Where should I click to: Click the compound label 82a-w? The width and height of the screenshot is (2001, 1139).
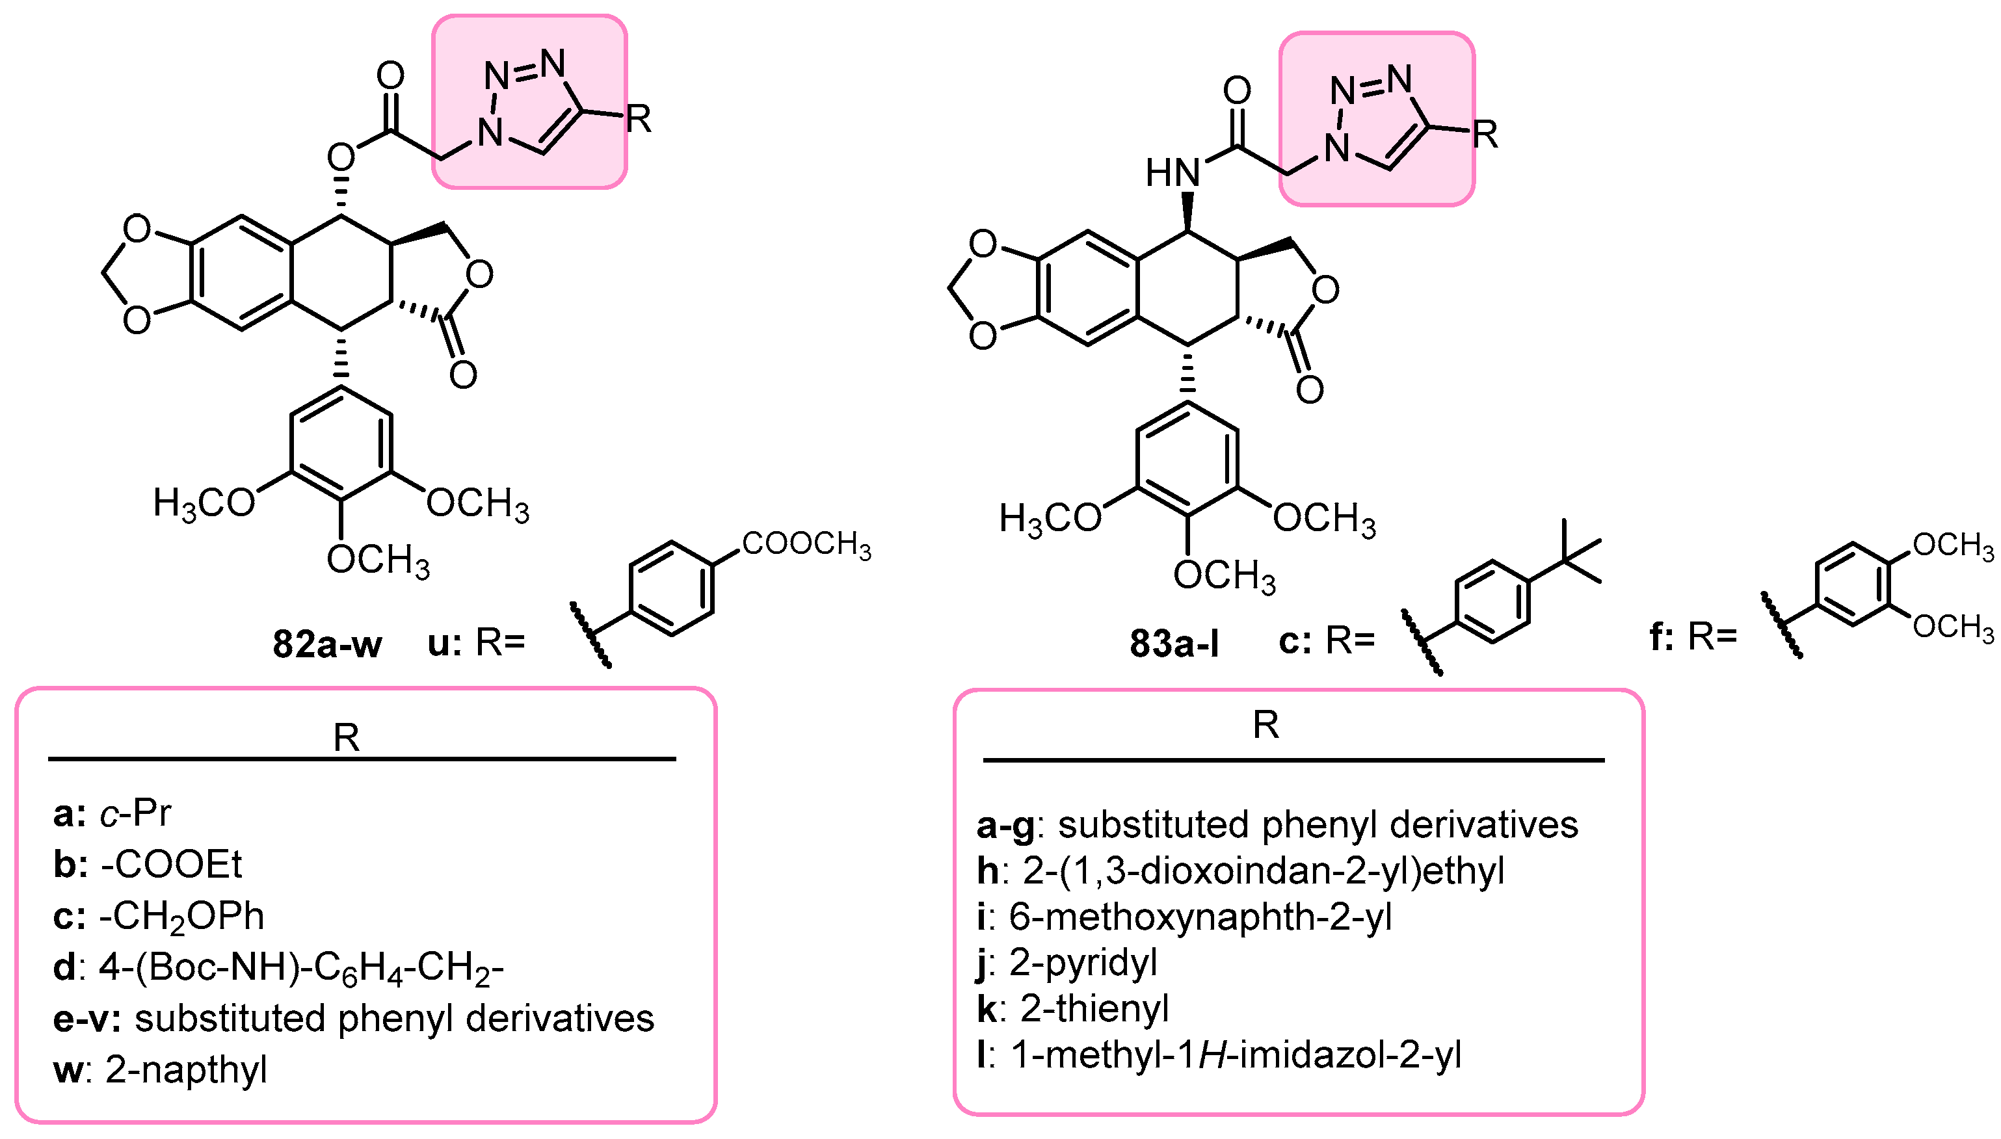327,645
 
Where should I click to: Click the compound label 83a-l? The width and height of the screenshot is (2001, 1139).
1173,644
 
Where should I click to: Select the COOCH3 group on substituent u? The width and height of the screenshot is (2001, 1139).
806,544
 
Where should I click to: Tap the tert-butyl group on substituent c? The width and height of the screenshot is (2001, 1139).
1568,558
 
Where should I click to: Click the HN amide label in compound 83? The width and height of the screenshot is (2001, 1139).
1172,173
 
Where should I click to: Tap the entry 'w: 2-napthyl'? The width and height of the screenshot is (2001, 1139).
161,1069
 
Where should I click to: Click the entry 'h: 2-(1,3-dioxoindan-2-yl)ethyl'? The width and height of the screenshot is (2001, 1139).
1241,870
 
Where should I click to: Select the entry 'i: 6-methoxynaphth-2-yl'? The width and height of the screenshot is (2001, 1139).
1184,916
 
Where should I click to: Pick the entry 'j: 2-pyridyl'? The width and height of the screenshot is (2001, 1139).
1067,962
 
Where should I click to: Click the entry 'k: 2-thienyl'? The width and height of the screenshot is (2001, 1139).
1072,1008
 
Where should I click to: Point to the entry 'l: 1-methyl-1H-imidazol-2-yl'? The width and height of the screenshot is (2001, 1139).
1219,1054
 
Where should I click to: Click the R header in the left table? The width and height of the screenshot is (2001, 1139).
347,738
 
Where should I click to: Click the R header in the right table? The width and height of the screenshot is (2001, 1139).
1266,725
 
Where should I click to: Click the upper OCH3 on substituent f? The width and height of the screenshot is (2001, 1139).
1952,546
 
